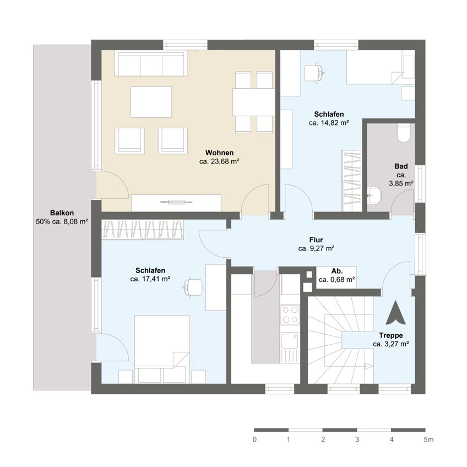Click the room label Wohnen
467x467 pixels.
point(219,153)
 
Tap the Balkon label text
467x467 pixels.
point(62,213)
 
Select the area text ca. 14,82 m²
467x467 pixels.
point(329,123)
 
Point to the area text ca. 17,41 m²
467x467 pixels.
point(150,279)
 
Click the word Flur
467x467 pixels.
point(316,240)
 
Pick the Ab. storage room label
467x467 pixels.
point(336,271)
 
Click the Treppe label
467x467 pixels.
point(390,335)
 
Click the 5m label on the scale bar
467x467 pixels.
point(428,439)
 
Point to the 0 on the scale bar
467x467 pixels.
point(254,439)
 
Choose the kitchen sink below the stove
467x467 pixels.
point(290,341)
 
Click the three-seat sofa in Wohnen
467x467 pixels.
point(151,64)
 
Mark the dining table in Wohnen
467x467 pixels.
point(253,102)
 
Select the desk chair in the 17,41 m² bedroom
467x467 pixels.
point(193,287)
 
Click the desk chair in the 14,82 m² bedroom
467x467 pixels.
point(313,72)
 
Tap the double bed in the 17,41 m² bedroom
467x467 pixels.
point(162,347)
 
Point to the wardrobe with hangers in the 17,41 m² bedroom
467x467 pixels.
point(143,230)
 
